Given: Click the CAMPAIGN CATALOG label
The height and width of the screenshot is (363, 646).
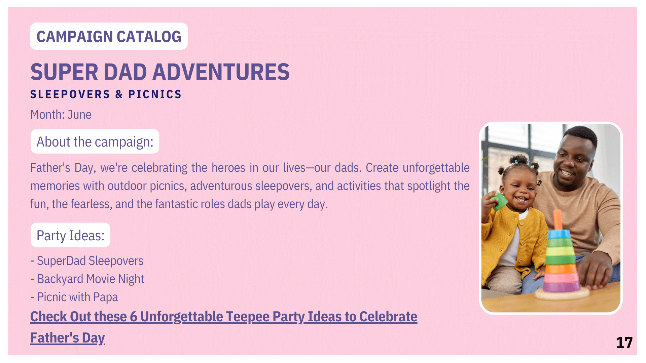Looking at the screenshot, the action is coord(109,36).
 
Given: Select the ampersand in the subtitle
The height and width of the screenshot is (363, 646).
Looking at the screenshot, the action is coord(119,94).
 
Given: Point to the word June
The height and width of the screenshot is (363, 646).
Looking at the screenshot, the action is coord(79,115).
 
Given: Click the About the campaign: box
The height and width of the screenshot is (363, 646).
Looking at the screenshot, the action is coord(95,142).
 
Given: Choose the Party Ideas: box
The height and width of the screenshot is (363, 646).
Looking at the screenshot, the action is coord(70,235).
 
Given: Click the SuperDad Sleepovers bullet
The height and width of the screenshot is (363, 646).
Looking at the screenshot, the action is coord(87,261).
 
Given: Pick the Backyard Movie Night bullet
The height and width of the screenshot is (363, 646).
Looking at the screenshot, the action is coord(87,279).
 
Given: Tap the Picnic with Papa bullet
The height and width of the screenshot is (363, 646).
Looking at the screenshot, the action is coord(74,297).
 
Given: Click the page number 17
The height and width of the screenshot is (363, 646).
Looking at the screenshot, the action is coord(624,343).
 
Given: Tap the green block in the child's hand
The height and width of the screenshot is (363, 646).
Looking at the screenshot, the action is coord(499,201).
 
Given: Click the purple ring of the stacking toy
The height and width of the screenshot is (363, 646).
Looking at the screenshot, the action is coord(561,287).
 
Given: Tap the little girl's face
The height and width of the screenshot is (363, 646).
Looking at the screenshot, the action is coord(519,190).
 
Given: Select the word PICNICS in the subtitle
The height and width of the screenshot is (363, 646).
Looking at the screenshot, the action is coord(155,94).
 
